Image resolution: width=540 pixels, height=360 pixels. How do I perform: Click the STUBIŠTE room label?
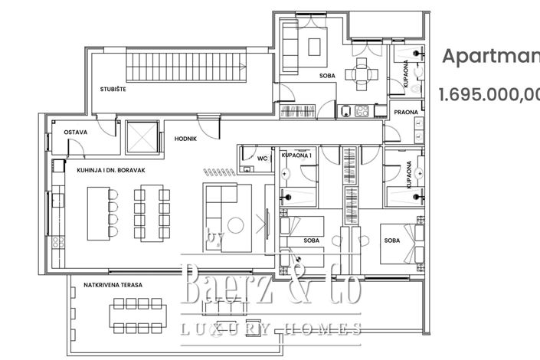point(113,90)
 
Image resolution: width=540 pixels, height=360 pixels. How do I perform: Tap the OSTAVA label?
point(75,132)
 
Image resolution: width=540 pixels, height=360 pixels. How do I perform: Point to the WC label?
point(262,159)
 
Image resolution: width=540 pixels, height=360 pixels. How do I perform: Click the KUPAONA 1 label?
point(296,155)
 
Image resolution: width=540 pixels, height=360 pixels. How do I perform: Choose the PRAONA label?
point(405,113)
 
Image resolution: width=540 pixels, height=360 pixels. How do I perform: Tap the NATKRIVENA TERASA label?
point(113,285)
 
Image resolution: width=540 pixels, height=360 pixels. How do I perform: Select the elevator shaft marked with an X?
point(141,136)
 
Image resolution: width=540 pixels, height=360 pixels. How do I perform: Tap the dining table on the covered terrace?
point(139,313)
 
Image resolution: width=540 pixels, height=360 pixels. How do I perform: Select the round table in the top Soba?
point(360,74)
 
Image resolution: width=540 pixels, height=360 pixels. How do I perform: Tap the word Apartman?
point(491,56)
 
